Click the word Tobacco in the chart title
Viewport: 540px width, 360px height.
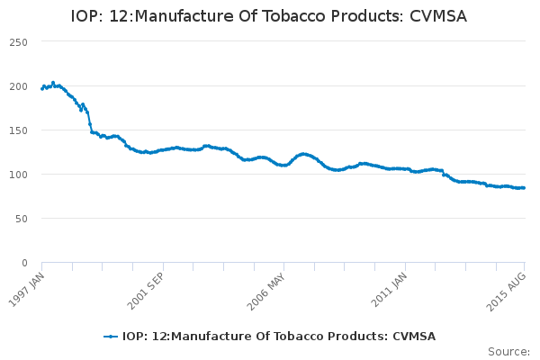(x=292, y=16)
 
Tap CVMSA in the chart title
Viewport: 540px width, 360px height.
(x=438, y=16)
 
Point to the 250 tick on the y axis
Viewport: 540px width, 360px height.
(x=19, y=42)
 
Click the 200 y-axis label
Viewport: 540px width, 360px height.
(x=19, y=86)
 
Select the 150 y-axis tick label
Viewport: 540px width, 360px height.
(x=19, y=130)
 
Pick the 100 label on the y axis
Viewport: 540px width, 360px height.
(x=19, y=175)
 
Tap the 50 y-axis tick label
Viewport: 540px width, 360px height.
(x=22, y=219)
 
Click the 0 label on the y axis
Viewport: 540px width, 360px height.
(x=24, y=263)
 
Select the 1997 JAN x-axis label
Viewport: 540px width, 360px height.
(x=26, y=290)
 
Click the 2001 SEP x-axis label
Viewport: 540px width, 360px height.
(x=145, y=291)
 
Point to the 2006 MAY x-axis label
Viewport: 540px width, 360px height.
(x=265, y=292)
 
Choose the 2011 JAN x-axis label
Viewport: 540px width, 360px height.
(x=389, y=290)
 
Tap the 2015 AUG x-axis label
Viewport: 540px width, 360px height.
(x=506, y=292)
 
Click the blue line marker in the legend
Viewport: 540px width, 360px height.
(x=111, y=337)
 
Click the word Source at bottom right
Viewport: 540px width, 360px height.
(x=509, y=352)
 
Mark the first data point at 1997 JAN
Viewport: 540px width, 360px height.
(x=42, y=89)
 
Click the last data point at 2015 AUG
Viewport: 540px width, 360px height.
(x=524, y=188)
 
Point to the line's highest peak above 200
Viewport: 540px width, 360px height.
(x=53, y=83)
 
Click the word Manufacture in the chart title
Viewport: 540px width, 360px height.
(x=184, y=16)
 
